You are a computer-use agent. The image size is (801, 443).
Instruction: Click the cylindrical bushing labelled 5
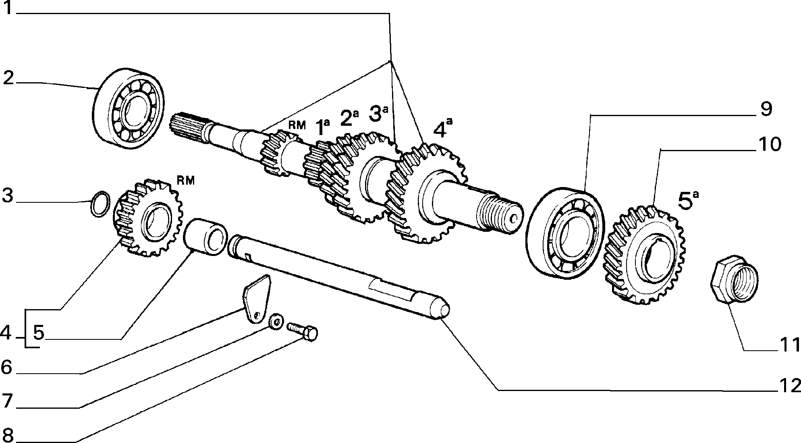click(x=206, y=237)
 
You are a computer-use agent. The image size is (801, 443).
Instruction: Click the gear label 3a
click(x=378, y=113)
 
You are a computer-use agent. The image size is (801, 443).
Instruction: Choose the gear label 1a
click(x=322, y=126)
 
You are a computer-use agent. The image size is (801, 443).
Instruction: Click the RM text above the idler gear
click(x=186, y=181)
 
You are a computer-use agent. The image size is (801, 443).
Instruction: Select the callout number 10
click(x=769, y=144)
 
